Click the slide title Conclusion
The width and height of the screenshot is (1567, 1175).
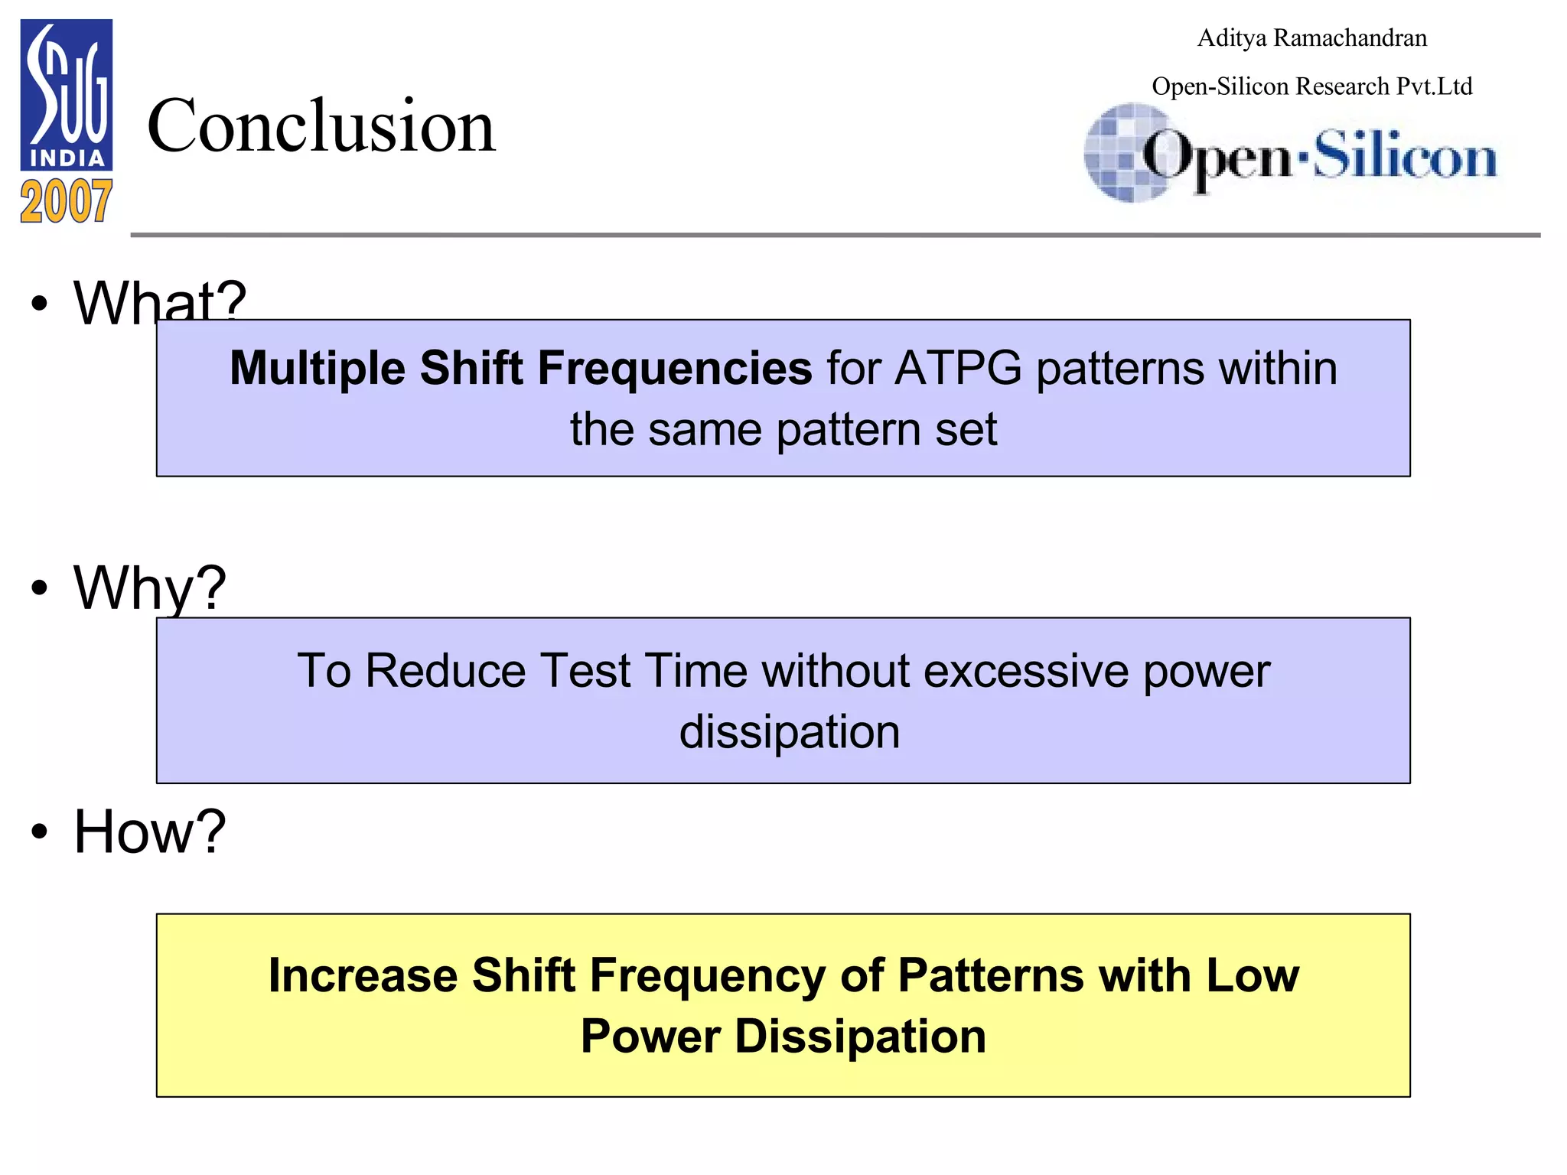coord(321,126)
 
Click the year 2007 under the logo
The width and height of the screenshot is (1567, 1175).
coord(67,202)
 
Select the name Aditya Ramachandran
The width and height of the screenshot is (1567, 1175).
coord(1311,38)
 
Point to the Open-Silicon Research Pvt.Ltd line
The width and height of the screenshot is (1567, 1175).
coord(1311,86)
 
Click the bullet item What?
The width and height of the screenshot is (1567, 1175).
coord(159,302)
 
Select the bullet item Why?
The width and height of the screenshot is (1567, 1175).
coord(149,587)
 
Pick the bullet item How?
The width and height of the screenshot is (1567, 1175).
coord(149,832)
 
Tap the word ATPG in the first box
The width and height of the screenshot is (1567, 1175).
coord(957,369)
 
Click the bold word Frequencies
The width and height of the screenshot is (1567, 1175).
coord(674,369)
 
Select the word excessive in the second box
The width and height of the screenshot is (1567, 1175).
coord(1026,671)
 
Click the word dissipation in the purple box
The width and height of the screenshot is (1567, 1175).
coord(790,732)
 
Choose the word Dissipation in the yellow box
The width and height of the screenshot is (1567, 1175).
coord(860,1037)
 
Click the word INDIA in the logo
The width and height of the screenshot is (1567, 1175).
coord(67,158)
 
